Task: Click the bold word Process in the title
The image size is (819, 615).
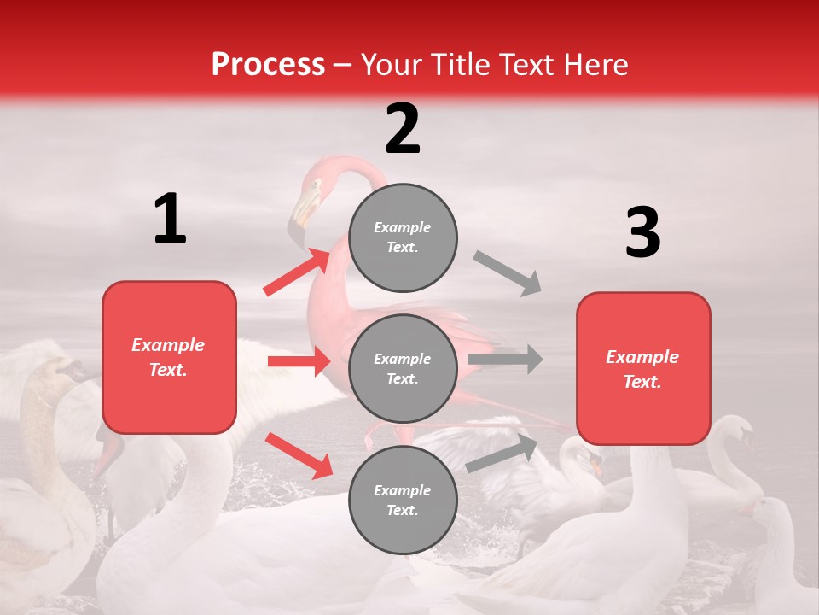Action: pyautogui.click(x=268, y=65)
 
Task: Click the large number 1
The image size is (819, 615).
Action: pyautogui.click(x=170, y=220)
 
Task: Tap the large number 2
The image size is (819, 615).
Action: pyautogui.click(x=403, y=129)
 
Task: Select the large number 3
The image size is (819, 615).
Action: pyautogui.click(x=642, y=233)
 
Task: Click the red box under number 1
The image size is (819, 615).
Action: pyautogui.click(x=169, y=357)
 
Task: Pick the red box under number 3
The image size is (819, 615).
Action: pyautogui.click(x=642, y=368)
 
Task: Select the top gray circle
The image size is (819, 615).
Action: pyautogui.click(x=403, y=237)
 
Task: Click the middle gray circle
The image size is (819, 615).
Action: pyautogui.click(x=403, y=368)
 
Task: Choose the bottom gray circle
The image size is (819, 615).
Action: pyautogui.click(x=403, y=500)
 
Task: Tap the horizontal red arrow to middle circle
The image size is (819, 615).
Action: pyautogui.click(x=299, y=361)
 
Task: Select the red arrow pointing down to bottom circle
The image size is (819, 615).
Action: pyautogui.click(x=299, y=454)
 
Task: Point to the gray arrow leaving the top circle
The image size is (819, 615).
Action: pyautogui.click(x=508, y=273)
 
